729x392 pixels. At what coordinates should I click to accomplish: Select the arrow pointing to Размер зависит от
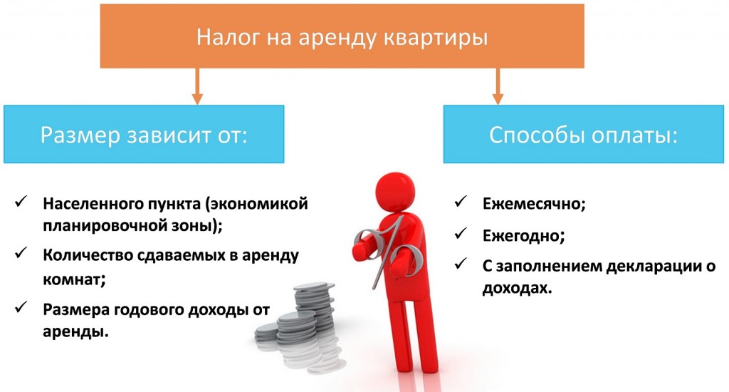point(198,86)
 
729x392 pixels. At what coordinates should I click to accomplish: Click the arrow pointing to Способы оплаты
point(498,86)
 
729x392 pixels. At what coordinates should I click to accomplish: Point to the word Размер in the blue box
point(80,136)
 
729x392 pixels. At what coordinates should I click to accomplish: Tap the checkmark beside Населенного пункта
point(21,202)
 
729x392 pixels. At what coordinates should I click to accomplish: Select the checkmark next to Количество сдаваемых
point(21,253)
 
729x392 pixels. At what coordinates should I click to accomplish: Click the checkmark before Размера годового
point(21,308)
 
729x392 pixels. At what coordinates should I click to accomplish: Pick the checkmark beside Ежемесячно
point(461,202)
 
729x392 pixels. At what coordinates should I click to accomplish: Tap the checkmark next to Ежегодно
point(461,234)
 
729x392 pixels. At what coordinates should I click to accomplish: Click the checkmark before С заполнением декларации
point(461,264)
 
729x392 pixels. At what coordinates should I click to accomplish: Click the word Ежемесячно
point(534,204)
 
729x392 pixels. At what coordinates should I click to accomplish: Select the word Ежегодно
point(523,236)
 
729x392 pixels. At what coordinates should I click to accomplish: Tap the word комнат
point(74,280)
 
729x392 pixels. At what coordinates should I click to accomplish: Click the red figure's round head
point(394,192)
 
